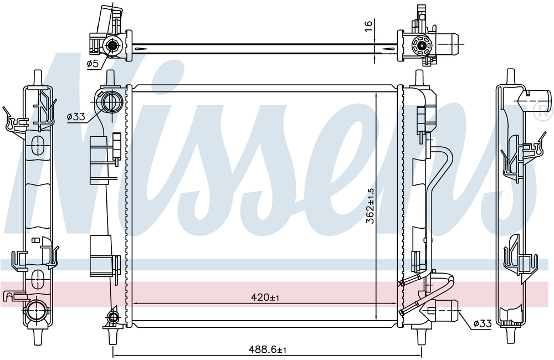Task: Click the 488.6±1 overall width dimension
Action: (268, 349)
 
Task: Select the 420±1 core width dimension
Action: (265, 297)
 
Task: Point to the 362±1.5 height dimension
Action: (370, 205)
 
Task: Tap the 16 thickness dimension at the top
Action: (368, 26)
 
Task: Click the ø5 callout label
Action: (93, 64)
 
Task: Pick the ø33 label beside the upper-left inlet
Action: (76, 117)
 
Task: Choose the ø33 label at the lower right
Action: (483, 323)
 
